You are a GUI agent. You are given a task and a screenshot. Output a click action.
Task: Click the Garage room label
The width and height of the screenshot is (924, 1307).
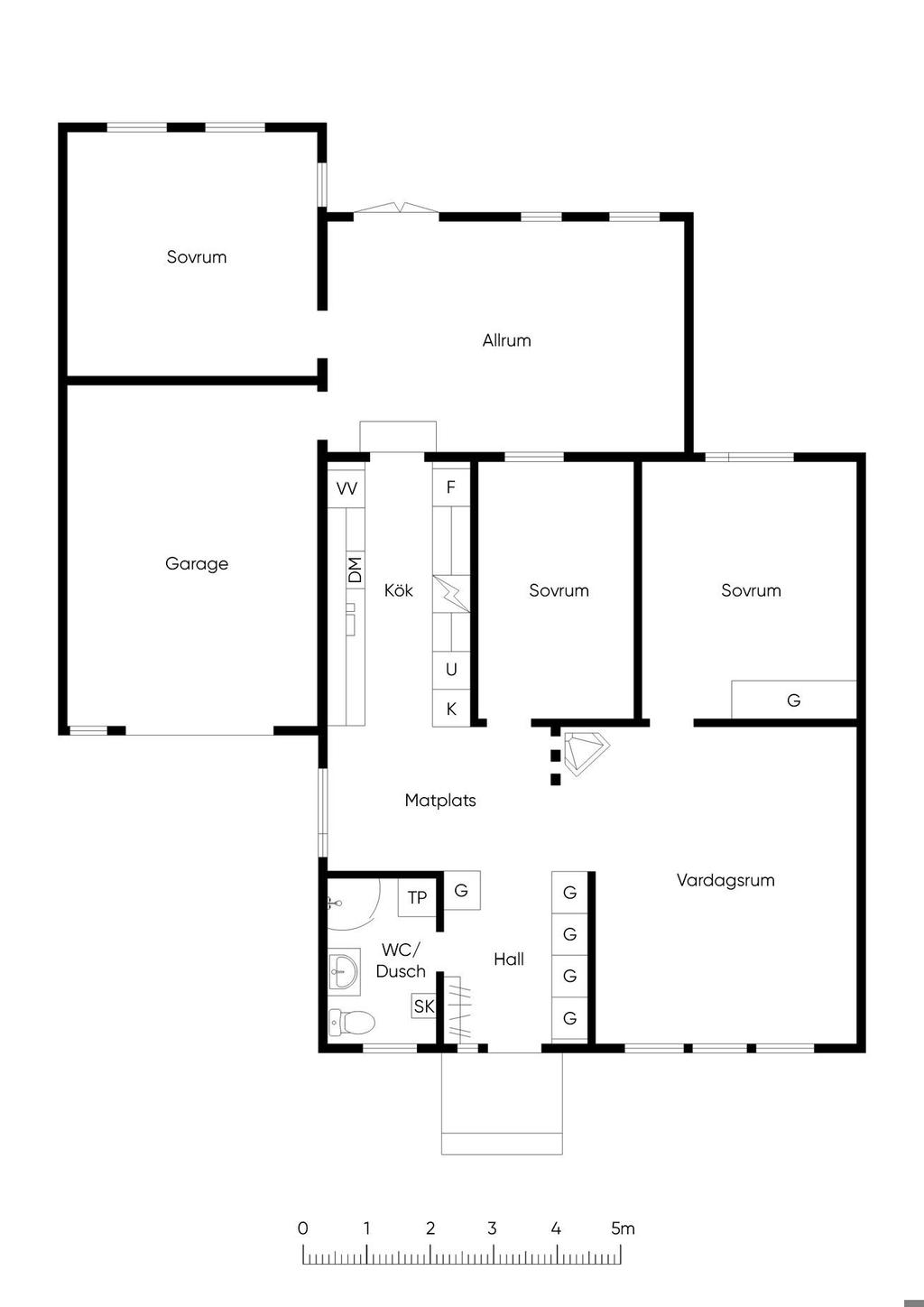click(x=197, y=563)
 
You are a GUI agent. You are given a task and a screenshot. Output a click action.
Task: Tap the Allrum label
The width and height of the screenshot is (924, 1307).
click(x=506, y=340)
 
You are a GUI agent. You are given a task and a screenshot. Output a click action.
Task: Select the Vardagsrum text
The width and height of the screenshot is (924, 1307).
click(x=725, y=880)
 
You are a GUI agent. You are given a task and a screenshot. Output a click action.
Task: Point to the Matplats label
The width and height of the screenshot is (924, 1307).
click(x=440, y=800)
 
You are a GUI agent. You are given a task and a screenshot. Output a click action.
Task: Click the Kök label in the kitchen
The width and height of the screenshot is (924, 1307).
click(x=399, y=590)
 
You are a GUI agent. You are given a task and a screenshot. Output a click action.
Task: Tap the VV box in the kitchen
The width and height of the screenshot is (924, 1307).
click(x=346, y=487)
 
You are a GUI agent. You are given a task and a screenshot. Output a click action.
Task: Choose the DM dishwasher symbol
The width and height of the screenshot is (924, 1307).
click(x=356, y=569)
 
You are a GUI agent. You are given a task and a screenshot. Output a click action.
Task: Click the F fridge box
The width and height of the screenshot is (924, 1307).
click(x=451, y=487)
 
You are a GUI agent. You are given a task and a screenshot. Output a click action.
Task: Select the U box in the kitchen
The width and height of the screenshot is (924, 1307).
click(x=451, y=670)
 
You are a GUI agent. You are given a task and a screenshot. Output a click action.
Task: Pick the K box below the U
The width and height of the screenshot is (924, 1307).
click(x=451, y=709)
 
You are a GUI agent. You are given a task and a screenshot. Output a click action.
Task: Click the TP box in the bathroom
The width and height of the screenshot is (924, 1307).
click(x=417, y=897)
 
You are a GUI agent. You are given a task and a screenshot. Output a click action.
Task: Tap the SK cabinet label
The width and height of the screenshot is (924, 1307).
click(x=424, y=1006)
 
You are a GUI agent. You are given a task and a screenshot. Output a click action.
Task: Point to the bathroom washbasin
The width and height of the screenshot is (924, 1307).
click(x=344, y=972)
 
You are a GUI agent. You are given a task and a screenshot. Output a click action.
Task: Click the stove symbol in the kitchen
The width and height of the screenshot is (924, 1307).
click(x=451, y=594)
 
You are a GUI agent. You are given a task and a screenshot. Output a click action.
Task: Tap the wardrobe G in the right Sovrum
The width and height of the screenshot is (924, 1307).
click(x=794, y=700)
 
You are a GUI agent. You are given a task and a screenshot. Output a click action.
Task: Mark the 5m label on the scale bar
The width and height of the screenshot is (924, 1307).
click(x=623, y=1228)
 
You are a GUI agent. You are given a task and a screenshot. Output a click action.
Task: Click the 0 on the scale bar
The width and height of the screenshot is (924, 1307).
click(x=302, y=1228)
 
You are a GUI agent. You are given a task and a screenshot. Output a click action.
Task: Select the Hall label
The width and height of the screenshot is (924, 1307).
click(x=509, y=959)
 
